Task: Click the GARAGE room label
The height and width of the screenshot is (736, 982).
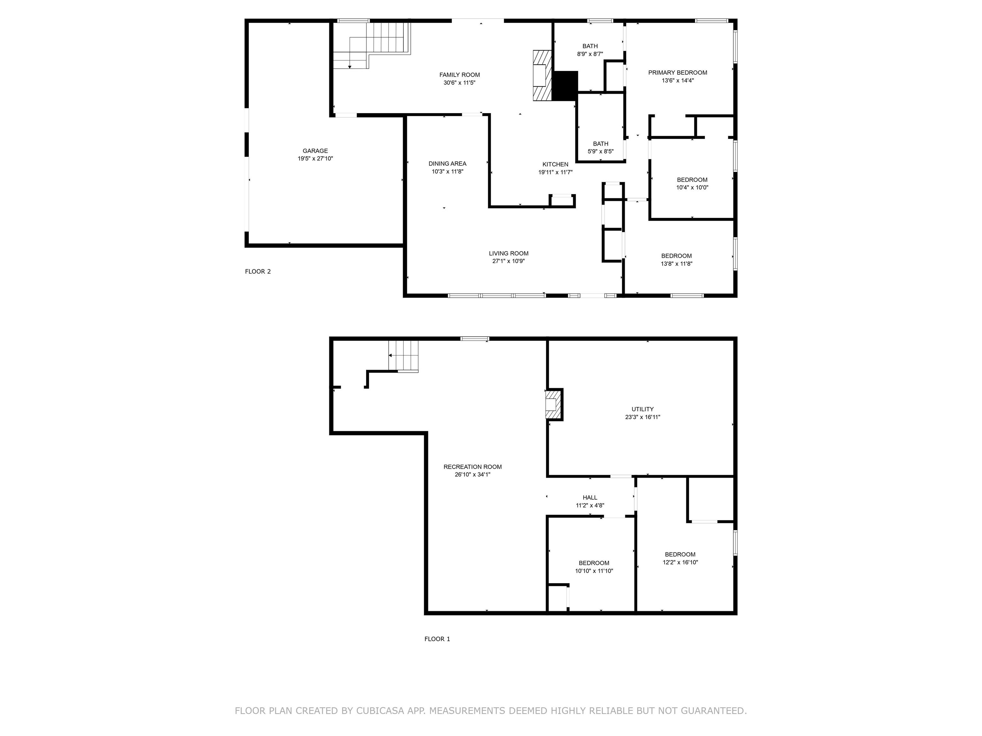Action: [x=315, y=151]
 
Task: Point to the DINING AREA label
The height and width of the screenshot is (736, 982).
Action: [x=448, y=164]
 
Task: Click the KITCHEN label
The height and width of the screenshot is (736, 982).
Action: [x=555, y=165]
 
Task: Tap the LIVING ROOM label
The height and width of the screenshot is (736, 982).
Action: [x=509, y=254]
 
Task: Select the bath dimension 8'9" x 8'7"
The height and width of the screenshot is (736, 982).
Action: [x=590, y=54]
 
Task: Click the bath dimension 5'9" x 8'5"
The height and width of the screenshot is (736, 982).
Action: [x=601, y=152]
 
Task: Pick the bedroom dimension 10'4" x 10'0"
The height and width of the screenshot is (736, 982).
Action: [x=692, y=188]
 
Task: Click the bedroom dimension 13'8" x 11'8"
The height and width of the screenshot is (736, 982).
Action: [x=677, y=264]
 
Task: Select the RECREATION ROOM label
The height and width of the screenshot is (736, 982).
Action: [x=472, y=467]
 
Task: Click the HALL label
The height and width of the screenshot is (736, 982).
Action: [x=590, y=498]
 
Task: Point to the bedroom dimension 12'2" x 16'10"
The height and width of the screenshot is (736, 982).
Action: [x=680, y=563]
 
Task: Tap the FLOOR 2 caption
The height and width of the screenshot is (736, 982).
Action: [x=258, y=272]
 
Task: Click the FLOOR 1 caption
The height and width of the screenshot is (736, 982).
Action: [x=437, y=639]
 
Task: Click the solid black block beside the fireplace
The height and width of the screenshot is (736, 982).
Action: [x=565, y=86]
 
